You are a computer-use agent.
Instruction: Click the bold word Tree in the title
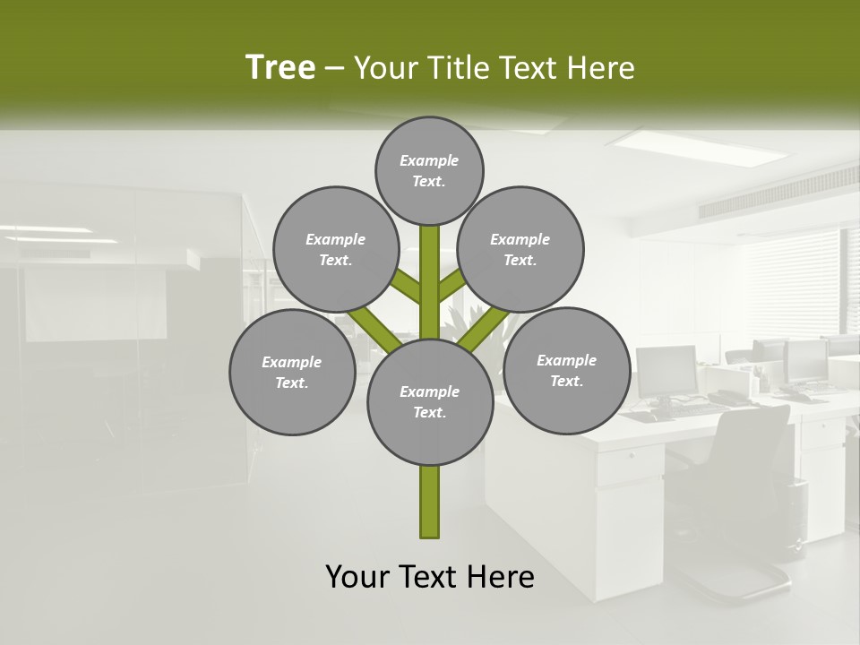click(x=280, y=68)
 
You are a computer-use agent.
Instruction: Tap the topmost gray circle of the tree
click(x=429, y=170)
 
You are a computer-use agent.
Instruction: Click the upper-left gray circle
click(x=335, y=250)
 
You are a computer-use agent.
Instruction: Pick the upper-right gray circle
click(x=520, y=250)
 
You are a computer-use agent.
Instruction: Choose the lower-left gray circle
click(x=292, y=373)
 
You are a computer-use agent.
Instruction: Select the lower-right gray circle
click(x=566, y=371)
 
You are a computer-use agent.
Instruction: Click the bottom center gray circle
click(x=430, y=402)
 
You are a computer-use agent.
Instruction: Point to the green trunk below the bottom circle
click(x=430, y=502)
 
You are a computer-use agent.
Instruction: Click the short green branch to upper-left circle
click(x=406, y=287)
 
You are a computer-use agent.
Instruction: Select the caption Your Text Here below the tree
click(x=430, y=577)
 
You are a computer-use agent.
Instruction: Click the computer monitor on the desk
click(x=666, y=371)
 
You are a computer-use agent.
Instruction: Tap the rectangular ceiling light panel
click(x=690, y=142)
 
